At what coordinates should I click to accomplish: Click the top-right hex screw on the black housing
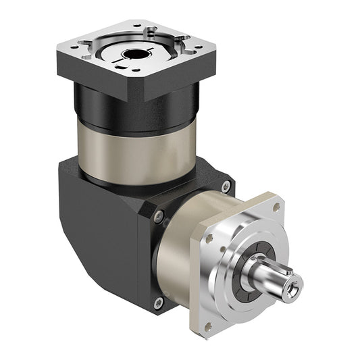click(226, 185)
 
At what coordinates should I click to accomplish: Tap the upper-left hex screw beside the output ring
click(159, 216)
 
